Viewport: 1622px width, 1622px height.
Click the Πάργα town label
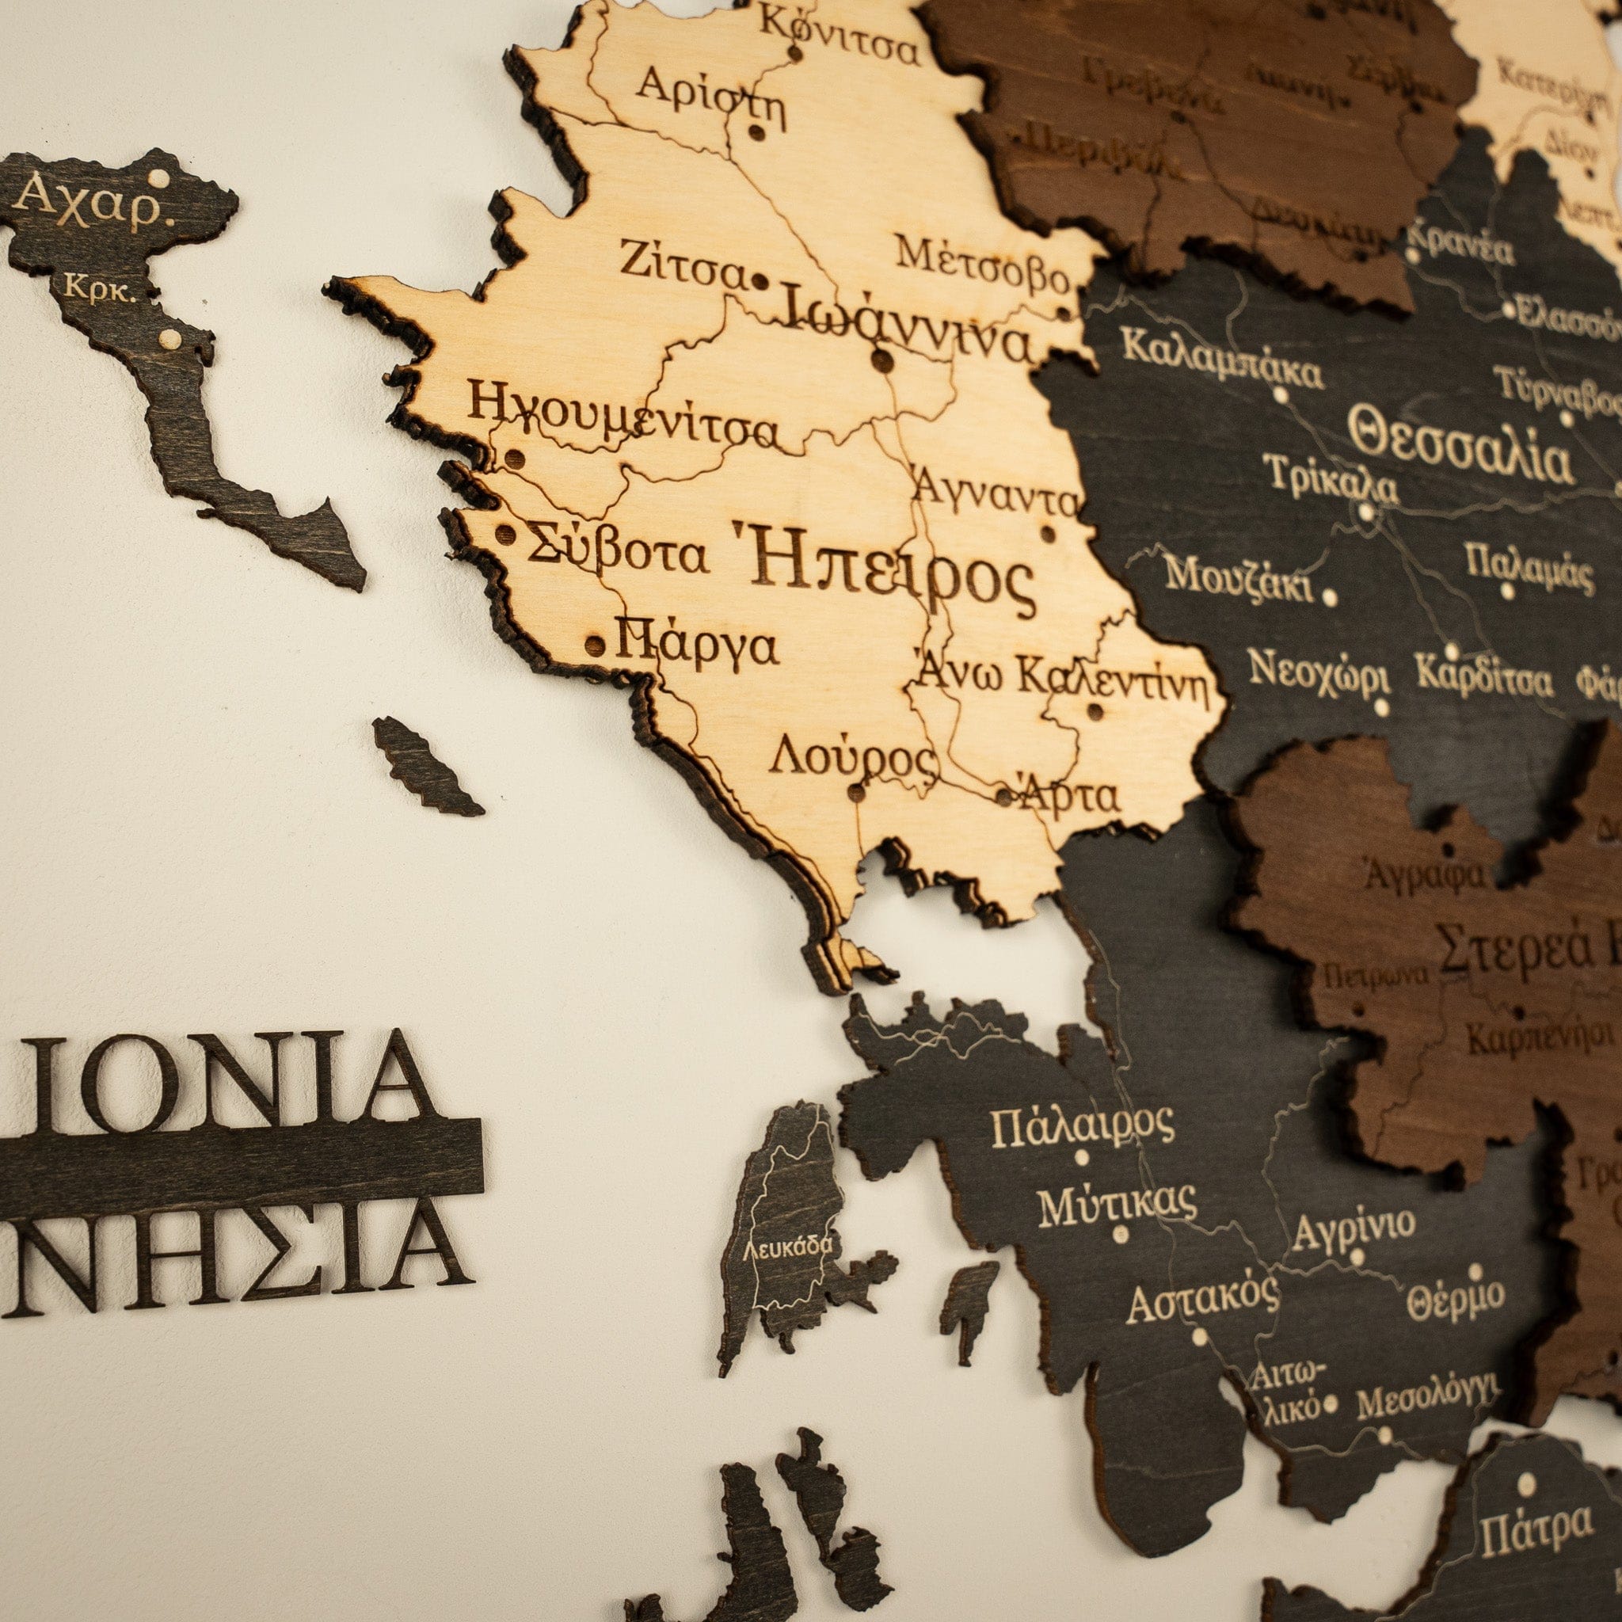[697, 643]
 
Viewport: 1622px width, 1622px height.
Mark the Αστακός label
[1201, 1301]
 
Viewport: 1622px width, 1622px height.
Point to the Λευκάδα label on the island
[787, 1246]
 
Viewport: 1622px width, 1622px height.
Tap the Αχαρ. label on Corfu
[93, 202]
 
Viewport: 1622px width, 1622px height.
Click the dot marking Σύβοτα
[505, 535]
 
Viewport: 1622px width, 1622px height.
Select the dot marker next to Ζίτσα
[760, 280]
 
